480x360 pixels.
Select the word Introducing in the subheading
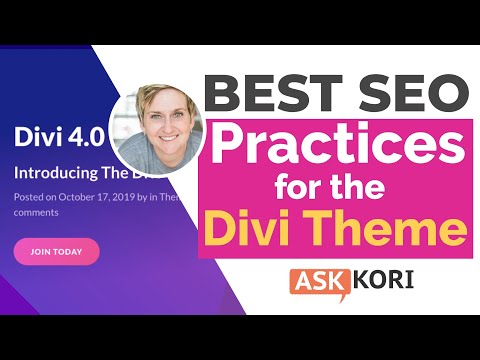click(54, 171)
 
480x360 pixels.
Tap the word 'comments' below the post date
click(37, 212)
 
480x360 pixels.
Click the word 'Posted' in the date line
click(29, 197)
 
